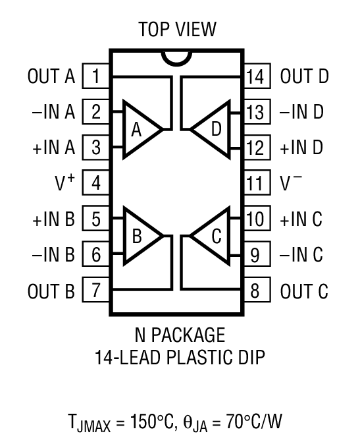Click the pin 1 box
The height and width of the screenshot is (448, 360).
click(96, 76)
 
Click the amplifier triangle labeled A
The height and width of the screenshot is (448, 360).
click(140, 129)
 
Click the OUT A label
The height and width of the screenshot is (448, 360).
click(51, 76)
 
